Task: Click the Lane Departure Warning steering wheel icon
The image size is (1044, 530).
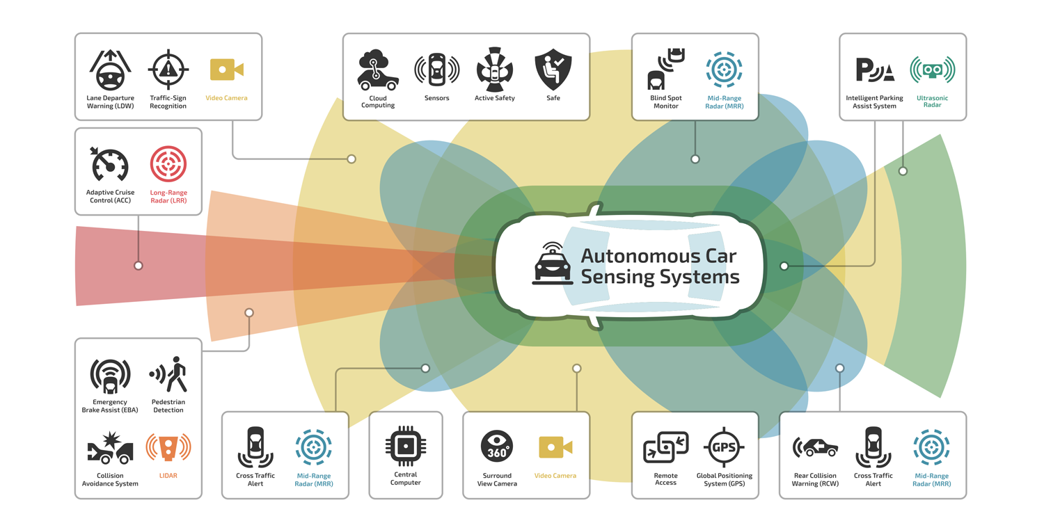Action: [x=110, y=70]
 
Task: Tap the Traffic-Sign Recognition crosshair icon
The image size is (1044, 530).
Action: [x=168, y=70]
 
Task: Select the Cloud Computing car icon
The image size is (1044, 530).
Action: [x=378, y=70]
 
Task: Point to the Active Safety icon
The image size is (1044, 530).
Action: [x=495, y=70]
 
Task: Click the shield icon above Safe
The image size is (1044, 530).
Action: [x=553, y=70]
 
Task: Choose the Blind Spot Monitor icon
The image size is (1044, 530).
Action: [x=665, y=70]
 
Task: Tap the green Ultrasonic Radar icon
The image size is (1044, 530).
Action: [x=932, y=70]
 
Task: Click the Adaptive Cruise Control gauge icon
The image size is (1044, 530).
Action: [x=110, y=165]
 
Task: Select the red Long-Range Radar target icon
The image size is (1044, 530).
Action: [x=168, y=165]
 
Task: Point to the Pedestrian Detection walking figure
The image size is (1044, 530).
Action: [x=169, y=375]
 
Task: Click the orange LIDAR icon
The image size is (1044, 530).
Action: [x=168, y=448]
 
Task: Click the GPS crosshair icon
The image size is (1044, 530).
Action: [x=724, y=447]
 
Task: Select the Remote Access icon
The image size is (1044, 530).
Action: [x=665, y=448]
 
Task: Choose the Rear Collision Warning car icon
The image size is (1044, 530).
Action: [x=815, y=448]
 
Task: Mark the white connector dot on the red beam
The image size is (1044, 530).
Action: [x=139, y=266]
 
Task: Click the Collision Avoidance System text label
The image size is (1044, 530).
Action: [x=110, y=480]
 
